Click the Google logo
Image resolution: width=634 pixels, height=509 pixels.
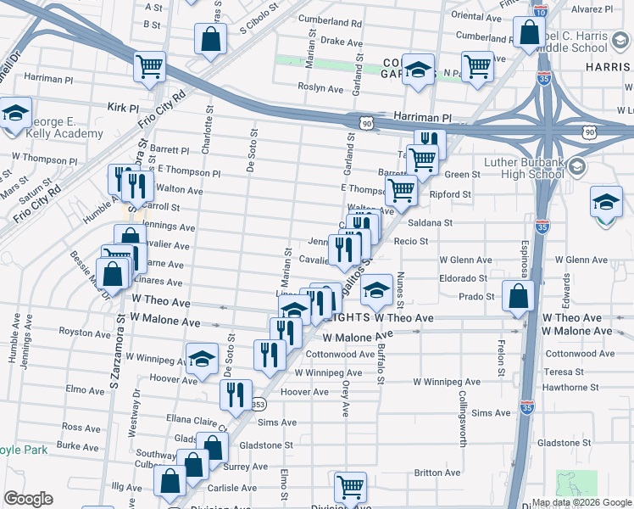tap(27, 499)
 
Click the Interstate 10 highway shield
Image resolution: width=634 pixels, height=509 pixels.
tap(540, 12)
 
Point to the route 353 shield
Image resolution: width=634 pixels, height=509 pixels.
tap(257, 406)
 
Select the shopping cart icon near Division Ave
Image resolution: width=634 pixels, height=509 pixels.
tap(350, 486)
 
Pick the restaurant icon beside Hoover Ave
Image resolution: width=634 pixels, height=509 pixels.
tap(235, 393)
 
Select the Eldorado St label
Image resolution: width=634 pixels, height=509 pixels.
tap(463, 278)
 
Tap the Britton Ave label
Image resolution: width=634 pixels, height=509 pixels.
tap(437, 473)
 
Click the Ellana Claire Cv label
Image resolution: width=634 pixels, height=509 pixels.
tap(192, 419)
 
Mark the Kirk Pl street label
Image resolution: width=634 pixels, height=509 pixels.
tap(123, 108)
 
